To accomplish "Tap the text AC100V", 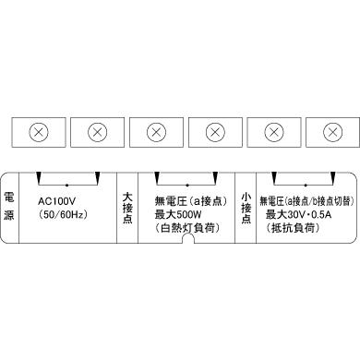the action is [x=57, y=199].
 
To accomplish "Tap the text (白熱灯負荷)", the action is [x=183, y=227].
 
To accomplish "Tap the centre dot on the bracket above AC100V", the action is [x=66, y=183].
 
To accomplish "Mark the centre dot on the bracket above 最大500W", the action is [x=186, y=183].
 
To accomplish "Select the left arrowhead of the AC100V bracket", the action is [x=36, y=177].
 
